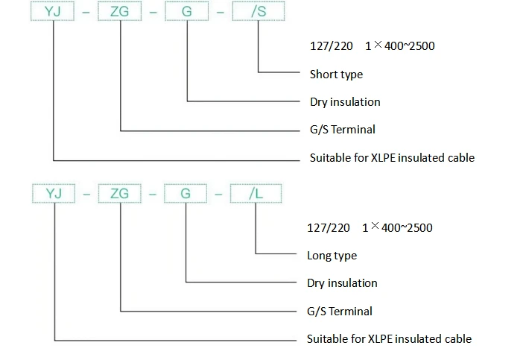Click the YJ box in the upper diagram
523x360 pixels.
click(52, 11)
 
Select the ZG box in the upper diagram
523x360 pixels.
click(119, 11)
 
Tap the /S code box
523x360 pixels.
click(259, 11)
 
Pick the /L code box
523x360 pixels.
click(256, 193)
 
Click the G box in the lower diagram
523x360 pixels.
click(186, 193)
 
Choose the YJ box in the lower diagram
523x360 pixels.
click(54, 193)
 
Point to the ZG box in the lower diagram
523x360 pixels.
click(120, 193)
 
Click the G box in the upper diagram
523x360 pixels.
click(187, 11)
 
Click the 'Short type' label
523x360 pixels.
click(336, 75)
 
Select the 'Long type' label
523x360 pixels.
click(332, 256)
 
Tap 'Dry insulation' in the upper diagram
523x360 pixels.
click(345, 102)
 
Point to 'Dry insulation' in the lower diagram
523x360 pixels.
click(342, 283)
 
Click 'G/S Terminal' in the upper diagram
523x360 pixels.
click(343, 130)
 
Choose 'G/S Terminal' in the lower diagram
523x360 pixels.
click(340, 312)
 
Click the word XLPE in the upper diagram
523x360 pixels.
click(383, 157)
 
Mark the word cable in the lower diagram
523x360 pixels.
click(459, 338)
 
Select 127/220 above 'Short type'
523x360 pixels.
click(332, 46)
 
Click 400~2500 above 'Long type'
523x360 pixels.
click(407, 228)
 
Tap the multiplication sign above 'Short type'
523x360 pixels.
click(378, 45)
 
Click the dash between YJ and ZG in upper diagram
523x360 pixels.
click(86, 13)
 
